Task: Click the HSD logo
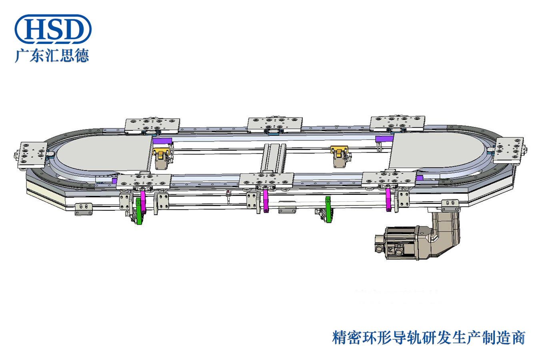click(53, 29)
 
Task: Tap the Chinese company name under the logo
click(52, 55)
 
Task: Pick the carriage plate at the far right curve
click(508, 150)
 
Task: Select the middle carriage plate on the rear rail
click(275, 124)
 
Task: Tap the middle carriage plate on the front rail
click(266, 181)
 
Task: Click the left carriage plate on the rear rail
click(152, 126)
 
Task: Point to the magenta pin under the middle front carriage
click(266, 201)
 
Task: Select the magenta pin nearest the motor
click(388, 200)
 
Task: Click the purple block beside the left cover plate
click(162, 140)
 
